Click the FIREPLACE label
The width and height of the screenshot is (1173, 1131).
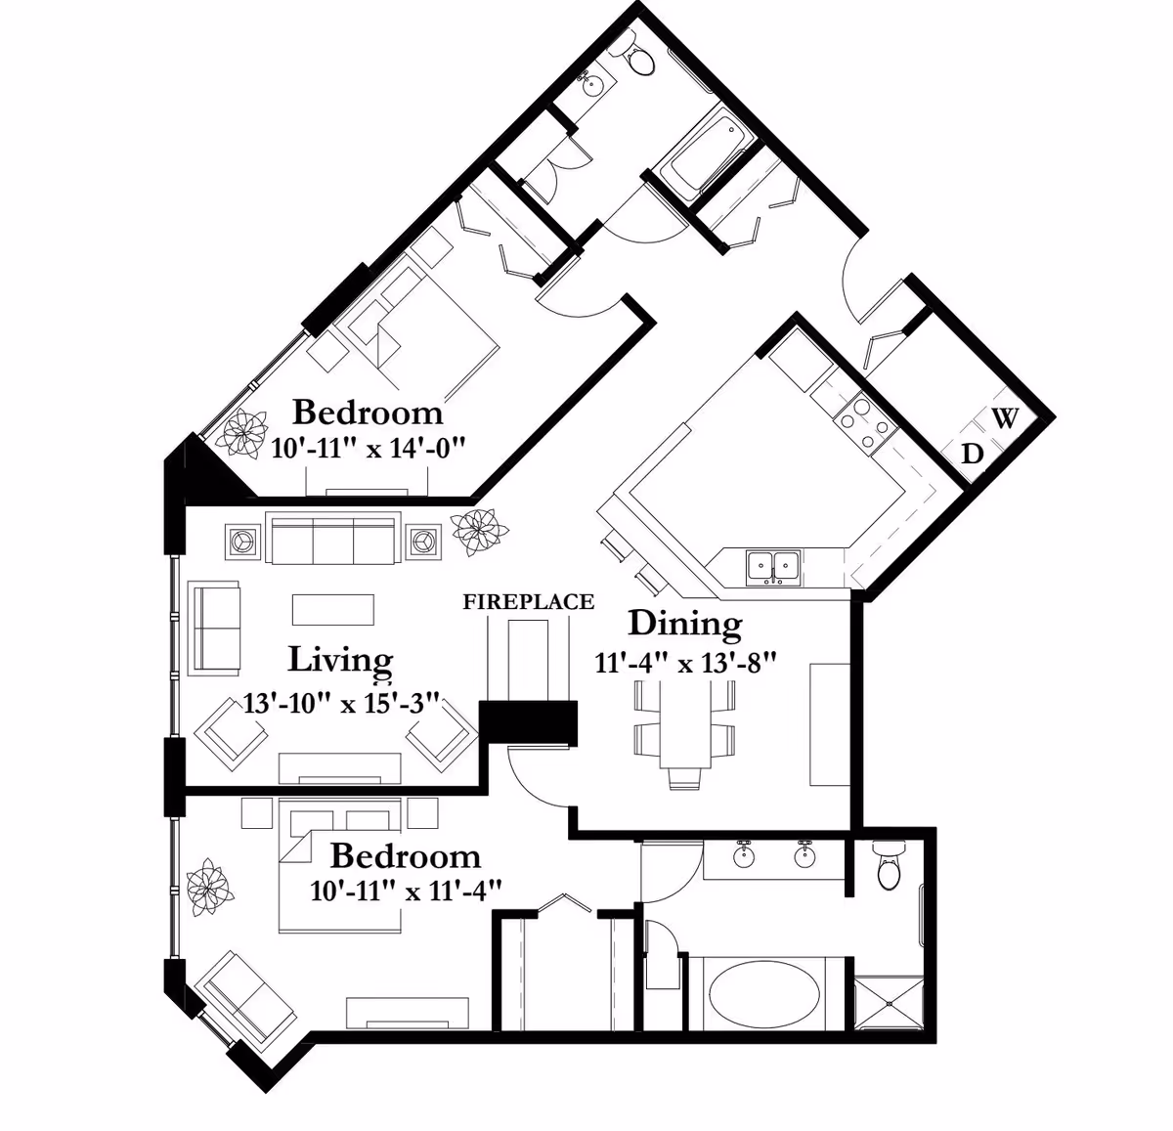click(529, 602)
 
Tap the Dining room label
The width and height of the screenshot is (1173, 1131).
click(685, 626)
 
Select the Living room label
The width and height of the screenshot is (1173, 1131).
click(340, 661)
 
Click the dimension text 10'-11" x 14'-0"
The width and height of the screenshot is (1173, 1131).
click(369, 448)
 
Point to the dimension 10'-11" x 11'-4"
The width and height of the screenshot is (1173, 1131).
click(406, 891)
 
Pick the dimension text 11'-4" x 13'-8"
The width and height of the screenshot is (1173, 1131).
click(685, 663)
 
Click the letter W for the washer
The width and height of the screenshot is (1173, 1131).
click(1005, 417)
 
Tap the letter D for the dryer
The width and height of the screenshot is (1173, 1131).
click(972, 454)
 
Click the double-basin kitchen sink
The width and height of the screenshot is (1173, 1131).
click(773, 567)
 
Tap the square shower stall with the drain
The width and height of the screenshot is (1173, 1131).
click(890, 1003)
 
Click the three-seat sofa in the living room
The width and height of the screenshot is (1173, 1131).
click(332, 538)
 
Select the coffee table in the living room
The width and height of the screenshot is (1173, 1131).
click(332, 610)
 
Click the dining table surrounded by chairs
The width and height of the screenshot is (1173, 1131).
click(685, 723)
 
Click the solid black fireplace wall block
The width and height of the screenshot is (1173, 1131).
click(529, 722)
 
